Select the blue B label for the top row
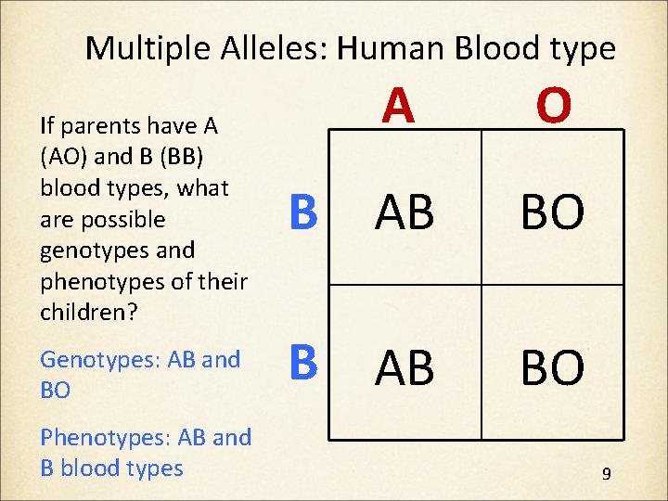(303, 212)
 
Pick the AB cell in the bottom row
(405, 367)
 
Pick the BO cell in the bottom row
(552, 367)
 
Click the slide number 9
(606, 474)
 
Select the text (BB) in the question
(164, 157)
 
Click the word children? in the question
(89, 312)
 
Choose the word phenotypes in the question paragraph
(101, 281)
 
